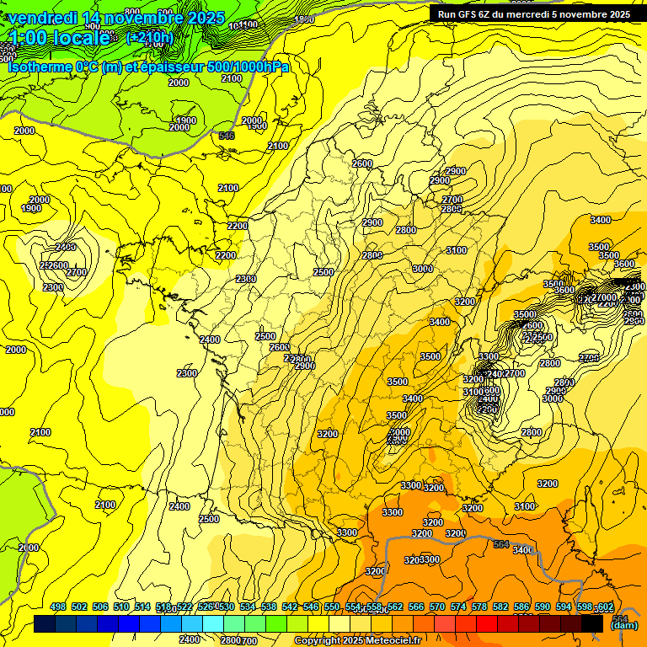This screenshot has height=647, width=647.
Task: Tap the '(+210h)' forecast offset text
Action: point(150,37)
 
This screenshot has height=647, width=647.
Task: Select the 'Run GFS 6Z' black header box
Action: point(534,13)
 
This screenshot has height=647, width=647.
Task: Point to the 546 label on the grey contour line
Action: point(226,136)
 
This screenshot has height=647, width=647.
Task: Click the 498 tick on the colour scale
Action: point(58,607)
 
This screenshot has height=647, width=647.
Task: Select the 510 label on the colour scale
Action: point(121,607)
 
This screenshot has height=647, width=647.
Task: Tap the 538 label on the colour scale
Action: point(269,607)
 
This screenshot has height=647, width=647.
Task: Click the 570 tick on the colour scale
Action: point(437,607)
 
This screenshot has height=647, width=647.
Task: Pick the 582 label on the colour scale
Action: point(500,607)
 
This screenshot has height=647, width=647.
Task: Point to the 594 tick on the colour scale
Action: point(564,607)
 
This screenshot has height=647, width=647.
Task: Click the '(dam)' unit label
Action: point(623,625)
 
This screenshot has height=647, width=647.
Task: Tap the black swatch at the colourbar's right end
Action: point(592,623)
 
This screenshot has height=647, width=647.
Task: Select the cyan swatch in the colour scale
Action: point(213,623)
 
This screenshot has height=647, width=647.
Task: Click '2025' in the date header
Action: point(206,18)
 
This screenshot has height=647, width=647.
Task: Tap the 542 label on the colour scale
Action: point(290,607)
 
